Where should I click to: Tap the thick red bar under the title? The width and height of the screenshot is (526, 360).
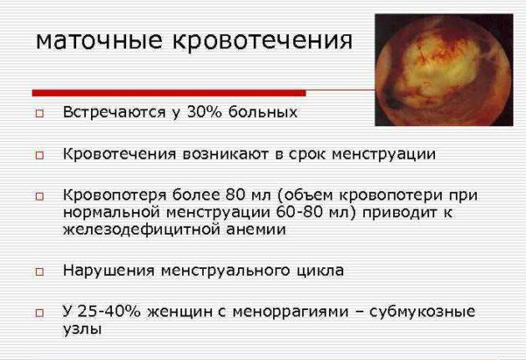click(169, 93)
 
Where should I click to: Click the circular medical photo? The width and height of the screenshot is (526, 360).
click(444, 70)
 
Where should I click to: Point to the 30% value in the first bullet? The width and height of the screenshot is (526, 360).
click(205, 112)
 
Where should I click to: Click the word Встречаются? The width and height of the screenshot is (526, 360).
click(114, 113)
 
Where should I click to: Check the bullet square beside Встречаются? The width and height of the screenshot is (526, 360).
click(39, 114)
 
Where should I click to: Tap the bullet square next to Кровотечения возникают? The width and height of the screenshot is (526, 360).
click(39, 155)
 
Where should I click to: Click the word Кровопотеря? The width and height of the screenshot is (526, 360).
click(114, 195)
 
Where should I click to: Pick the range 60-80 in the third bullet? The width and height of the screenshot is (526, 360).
click(299, 212)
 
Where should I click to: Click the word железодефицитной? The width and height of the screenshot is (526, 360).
click(141, 230)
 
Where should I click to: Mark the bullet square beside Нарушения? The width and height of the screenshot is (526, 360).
click(39, 271)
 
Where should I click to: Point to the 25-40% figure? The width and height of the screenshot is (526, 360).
click(109, 312)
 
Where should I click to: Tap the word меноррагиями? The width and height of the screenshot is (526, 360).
click(291, 312)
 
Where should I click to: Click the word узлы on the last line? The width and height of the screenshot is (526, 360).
click(82, 329)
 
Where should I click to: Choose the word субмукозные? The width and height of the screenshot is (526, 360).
click(422, 312)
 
